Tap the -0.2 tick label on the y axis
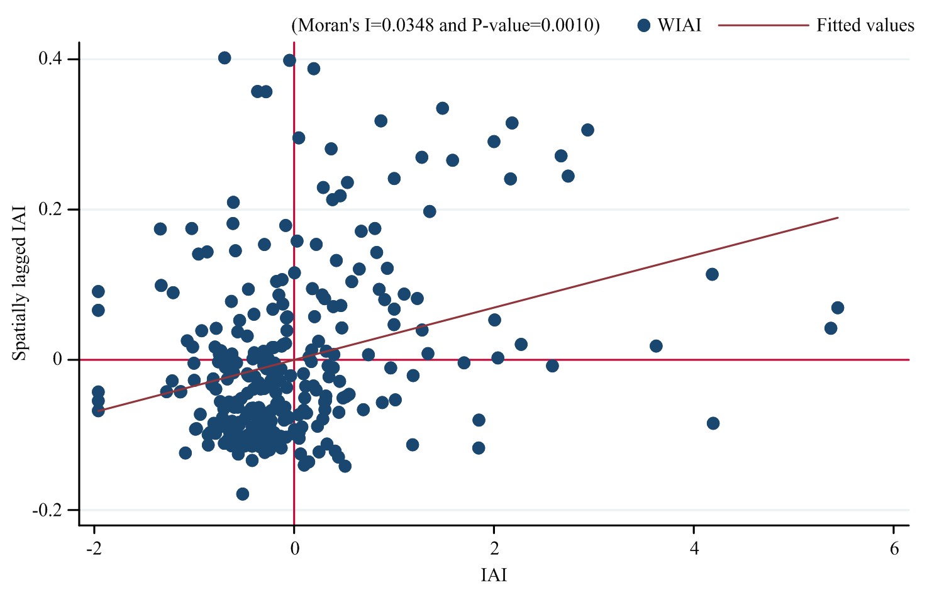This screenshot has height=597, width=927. coord(47,510)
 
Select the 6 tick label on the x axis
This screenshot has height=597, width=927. coord(894,549)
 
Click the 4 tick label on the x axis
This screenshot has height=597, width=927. coord(694,549)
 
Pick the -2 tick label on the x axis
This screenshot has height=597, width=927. coord(94,549)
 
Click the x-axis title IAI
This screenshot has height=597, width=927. coord(494,576)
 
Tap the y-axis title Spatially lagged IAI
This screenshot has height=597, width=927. coord(20,282)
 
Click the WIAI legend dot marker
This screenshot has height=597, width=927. coord(643,26)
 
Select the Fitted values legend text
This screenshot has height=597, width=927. coord(865,26)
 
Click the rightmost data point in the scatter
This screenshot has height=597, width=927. coord(838,308)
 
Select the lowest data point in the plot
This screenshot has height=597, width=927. coord(243,494)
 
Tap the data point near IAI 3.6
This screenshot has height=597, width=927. coord(656,346)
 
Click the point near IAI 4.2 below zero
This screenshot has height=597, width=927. coord(713,423)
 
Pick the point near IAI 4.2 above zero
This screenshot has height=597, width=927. coord(712,274)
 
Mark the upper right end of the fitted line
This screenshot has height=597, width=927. coord(838,218)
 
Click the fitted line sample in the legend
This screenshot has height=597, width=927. coord(763,26)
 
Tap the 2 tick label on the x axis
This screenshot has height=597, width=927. coord(494,549)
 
